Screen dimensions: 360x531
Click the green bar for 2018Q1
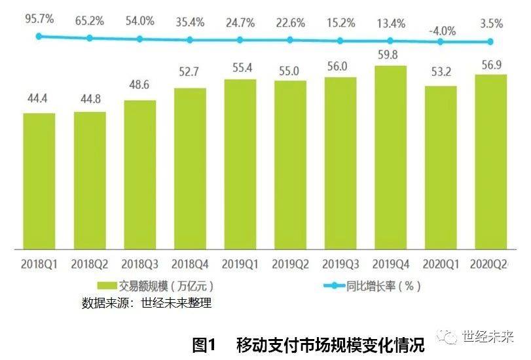39,181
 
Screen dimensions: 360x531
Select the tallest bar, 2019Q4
390,157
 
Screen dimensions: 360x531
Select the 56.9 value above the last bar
490,63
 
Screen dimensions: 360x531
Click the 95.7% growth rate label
39,18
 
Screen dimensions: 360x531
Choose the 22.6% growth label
290,23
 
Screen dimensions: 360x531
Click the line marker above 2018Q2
90,38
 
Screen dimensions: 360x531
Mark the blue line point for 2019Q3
340,41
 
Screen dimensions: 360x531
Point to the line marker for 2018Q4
190,39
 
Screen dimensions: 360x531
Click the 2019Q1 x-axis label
240,265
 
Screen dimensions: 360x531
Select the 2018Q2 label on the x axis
90,265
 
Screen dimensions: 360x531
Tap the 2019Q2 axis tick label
290,265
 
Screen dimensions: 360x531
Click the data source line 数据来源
147,303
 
